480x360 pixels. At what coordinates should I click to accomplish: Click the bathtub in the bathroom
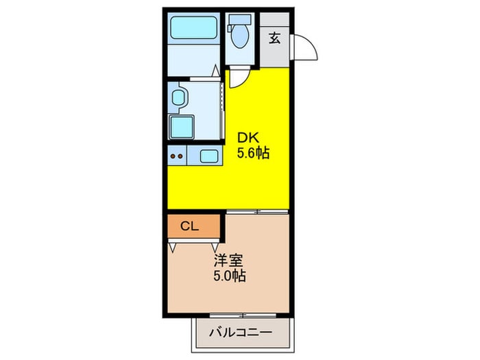(193, 27)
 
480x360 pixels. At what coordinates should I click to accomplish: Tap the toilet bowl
(240, 36)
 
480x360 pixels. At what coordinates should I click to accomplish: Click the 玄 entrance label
(274, 38)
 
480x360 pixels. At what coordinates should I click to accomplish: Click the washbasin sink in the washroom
(178, 97)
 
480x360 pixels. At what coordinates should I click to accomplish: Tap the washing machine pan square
(181, 128)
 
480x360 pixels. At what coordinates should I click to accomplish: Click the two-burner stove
(177, 156)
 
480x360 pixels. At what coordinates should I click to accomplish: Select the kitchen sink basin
(208, 156)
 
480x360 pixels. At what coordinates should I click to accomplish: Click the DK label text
(248, 138)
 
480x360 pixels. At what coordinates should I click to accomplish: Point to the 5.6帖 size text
(253, 153)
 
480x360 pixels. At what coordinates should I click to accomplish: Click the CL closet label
(189, 226)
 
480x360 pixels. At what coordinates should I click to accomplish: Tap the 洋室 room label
(228, 261)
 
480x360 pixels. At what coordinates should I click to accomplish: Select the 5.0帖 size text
(229, 276)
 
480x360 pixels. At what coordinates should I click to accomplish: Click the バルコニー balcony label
(241, 332)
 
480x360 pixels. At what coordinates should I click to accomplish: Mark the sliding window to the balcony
(243, 315)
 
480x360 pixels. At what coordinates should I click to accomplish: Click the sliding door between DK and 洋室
(257, 211)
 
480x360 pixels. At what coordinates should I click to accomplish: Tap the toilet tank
(240, 20)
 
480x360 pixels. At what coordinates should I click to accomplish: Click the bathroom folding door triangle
(216, 71)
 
